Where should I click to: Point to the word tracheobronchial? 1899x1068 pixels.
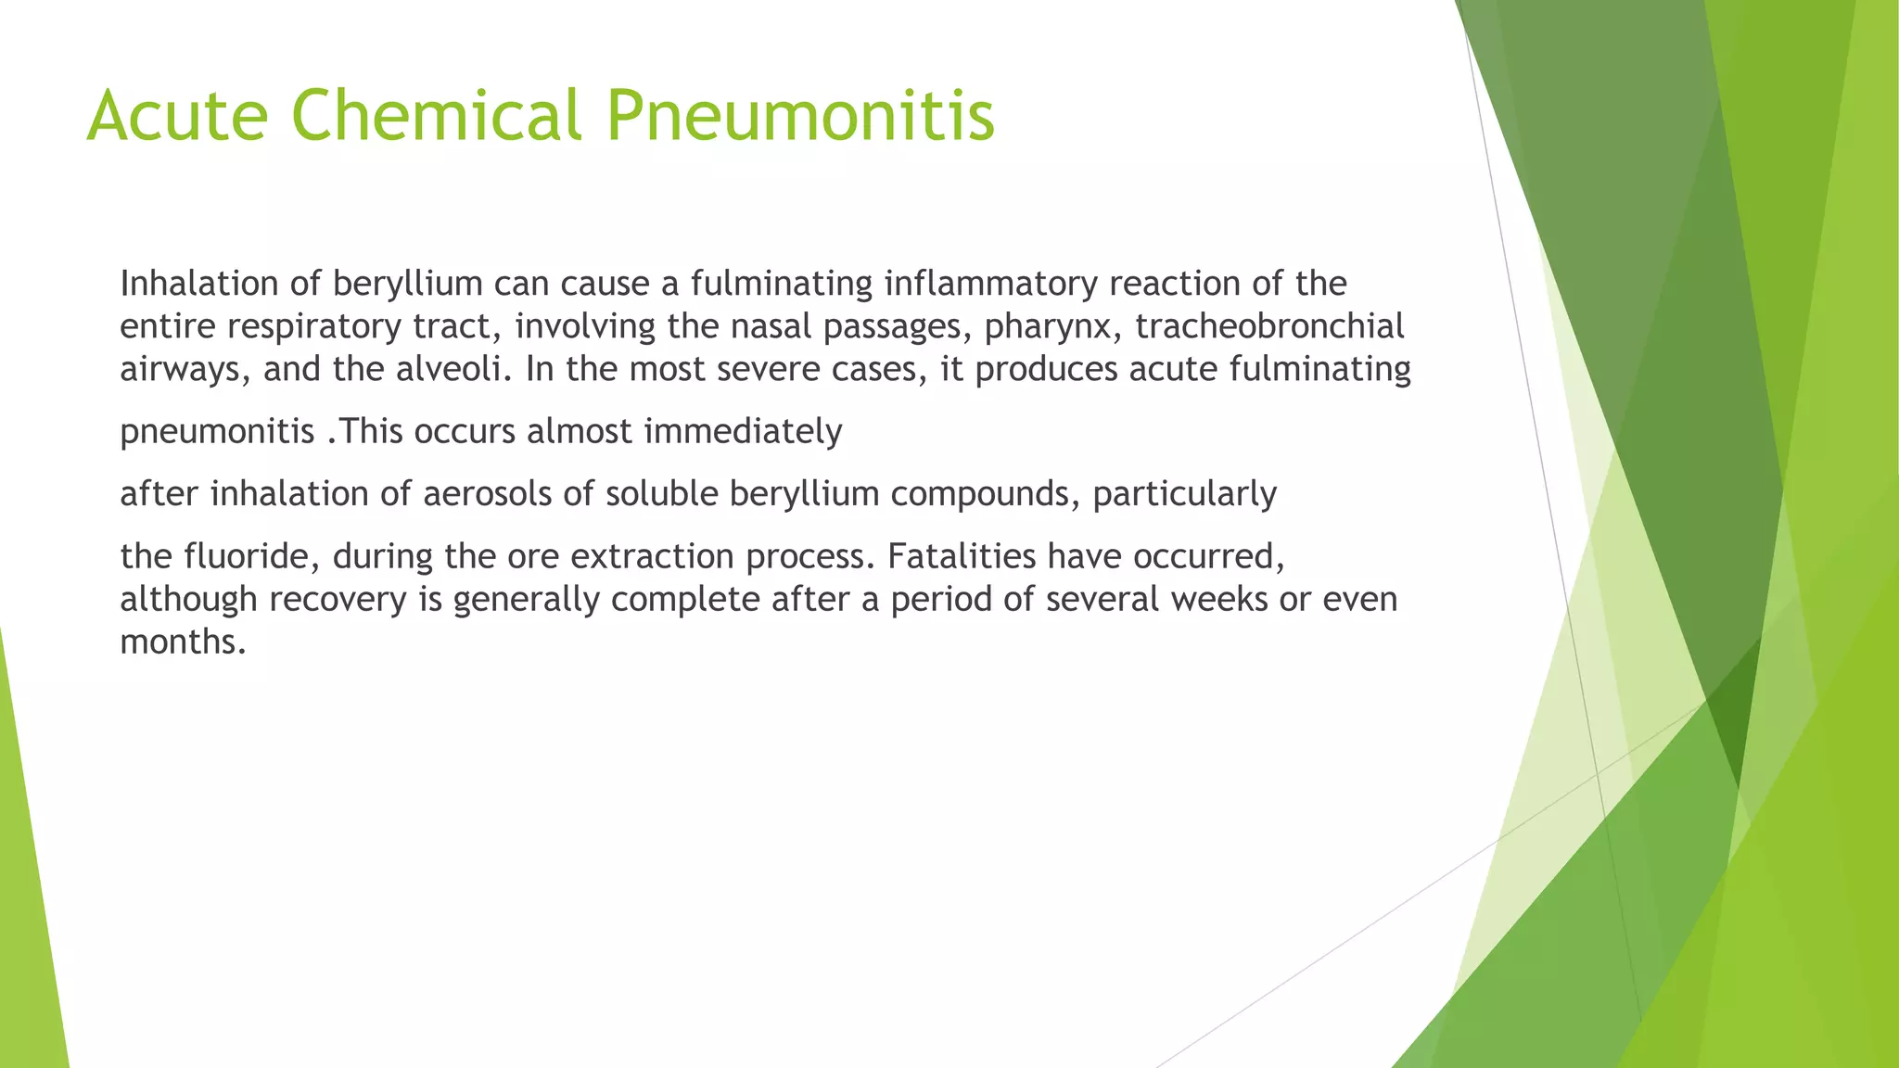(x=1269, y=326)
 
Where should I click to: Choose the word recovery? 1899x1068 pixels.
(x=338, y=600)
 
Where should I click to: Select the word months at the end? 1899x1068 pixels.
(x=183, y=642)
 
